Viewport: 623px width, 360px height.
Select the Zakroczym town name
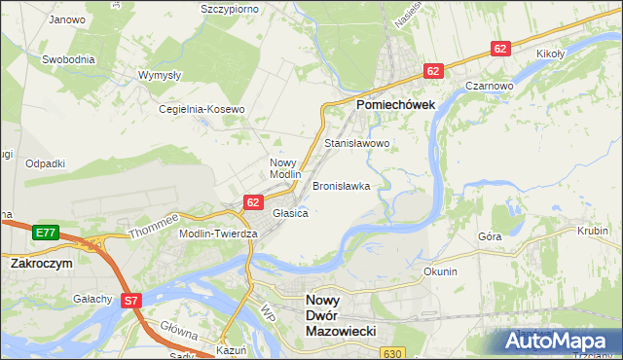point(43,263)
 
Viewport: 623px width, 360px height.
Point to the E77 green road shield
point(45,233)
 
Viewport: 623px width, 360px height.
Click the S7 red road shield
point(131,302)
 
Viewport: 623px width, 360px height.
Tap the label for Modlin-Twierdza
point(218,234)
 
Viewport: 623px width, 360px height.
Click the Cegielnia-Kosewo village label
point(202,110)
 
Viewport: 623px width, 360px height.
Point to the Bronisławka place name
point(341,185)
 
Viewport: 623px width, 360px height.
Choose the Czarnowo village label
point(489,86)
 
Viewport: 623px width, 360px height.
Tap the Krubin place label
point(592,233)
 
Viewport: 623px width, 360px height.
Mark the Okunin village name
point(440,271)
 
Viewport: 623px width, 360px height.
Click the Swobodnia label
point(68,58)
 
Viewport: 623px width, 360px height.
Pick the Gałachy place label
point(92,299)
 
